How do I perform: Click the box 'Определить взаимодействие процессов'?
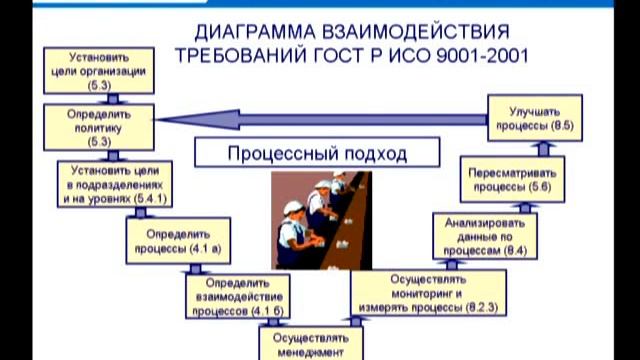tap(236, 298)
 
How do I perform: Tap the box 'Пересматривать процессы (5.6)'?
tap(509, 179)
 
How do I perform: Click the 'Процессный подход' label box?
tap(304, 155)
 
